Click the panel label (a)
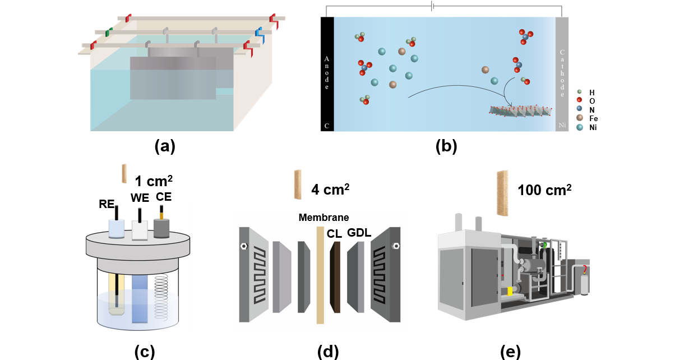coord(165,146)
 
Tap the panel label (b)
coord(446,146)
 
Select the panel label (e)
coord(510,352)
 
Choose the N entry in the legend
coord(591,110)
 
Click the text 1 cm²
coord(154,182)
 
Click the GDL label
coord(359,232)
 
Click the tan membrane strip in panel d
coord(320,275)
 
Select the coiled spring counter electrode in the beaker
coord(161,294)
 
